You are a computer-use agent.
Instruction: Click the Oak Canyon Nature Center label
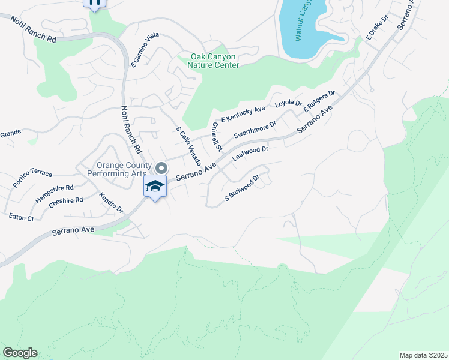click(x=213, y=61)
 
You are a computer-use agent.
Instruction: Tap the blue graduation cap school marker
click(x=155, y=187)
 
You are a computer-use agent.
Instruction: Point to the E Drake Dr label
click(x=378, y=28)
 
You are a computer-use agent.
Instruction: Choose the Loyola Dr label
click(x=288, y=104)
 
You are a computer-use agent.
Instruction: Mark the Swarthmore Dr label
click(x=255, y=129)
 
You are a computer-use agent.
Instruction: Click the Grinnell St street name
click(x=217, y=137)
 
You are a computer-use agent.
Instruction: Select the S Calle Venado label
click(x=188, y=146)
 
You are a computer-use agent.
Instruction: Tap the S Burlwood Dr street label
click(x=241, y=188)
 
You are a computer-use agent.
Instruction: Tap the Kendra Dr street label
click(x=111, y=203)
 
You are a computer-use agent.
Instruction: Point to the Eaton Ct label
click(x=22, y=217)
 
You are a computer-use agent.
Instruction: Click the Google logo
click(x=20, y=353)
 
